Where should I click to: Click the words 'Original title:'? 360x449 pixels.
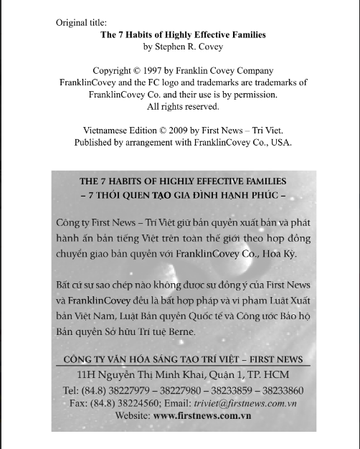pos(82,22)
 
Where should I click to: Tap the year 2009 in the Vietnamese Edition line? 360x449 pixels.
pos(186,130)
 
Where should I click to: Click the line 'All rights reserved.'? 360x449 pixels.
pos(183,106)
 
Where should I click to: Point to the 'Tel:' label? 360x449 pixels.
pos(71,390)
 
